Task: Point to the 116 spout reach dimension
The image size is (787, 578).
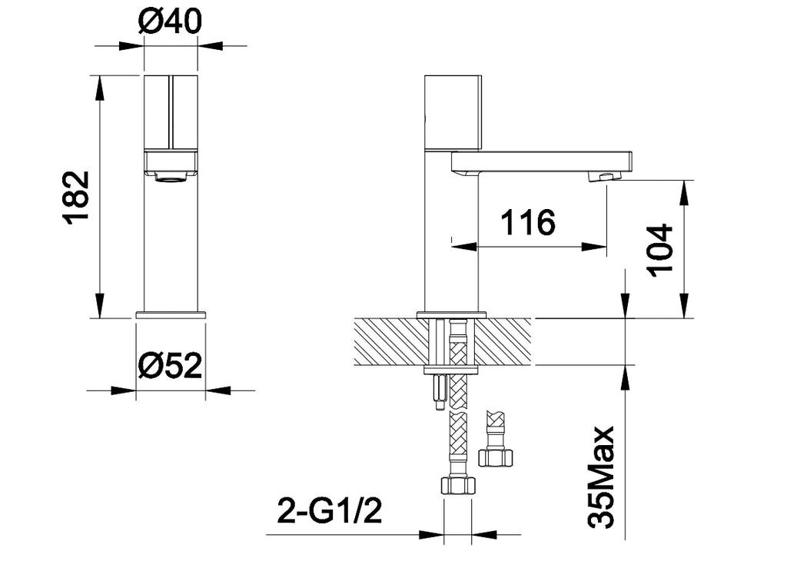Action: tap(527, 223)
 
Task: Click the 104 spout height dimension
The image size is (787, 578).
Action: tap(659, 250)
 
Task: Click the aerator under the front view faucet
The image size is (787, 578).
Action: tap(171, 178)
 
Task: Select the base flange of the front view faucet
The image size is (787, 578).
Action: tap(171, 314)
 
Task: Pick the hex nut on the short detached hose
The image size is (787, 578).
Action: tap(495, 457)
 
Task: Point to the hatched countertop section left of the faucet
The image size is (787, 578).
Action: tap(388, 340)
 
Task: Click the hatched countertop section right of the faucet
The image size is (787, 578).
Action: tap(507, 340)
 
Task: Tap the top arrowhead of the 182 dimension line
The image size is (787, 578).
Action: tap(99, 87)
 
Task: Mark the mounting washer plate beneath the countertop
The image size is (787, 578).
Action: tap(452, 370)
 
